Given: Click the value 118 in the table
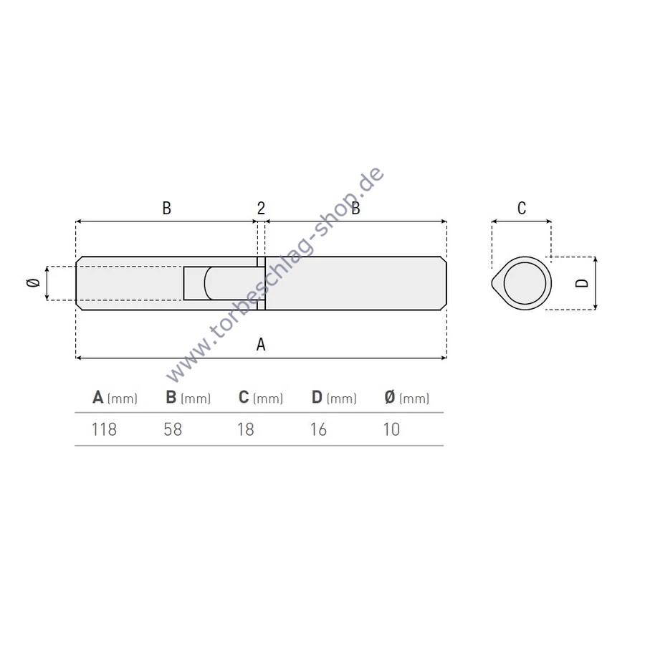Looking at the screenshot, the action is [x=104, y=429].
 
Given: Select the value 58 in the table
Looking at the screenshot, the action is [x=173, y=429].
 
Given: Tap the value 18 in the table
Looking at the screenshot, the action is [x=246, y=429].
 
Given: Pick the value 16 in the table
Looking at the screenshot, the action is [x=318, y=429].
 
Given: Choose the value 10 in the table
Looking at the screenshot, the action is [x=391, y=429].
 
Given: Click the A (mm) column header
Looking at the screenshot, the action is [x=115, y=397].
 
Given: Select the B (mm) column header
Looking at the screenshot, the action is [x=188, y=397].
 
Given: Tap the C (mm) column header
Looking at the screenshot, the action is [x=261, y=397].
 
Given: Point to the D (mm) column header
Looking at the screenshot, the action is [x=334, y=397].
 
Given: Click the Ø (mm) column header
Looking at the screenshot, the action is [x=407, y=397].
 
